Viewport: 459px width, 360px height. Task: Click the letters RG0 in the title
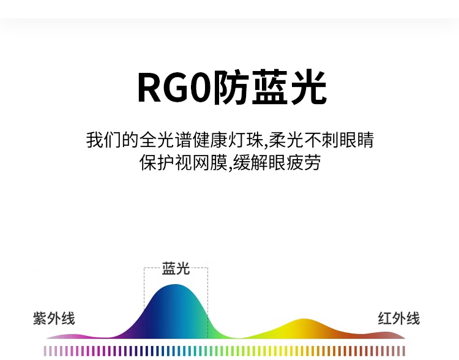click(x=175, y=87)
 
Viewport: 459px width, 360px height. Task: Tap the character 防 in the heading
click(x=231, y=87)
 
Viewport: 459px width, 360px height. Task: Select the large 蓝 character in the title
click(x=269, y=87)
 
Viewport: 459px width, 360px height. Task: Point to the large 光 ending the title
click(x=308, y=87)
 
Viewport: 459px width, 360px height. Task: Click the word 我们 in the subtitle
click(x=103, y=140)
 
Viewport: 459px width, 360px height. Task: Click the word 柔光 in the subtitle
click(x=286, y=140)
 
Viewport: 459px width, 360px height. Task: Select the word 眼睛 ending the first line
click(x=357, y=140)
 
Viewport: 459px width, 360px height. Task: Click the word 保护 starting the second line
click(x=157, y=163)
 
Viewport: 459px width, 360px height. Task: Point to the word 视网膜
click(x=201, y=163)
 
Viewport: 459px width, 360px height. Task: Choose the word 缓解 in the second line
click(x=250, y=163)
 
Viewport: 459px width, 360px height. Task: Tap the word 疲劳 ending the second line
click(x=304, y=163)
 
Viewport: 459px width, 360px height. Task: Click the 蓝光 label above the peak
click(x=176, y=268)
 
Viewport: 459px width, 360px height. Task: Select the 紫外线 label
click(x=54, y=318)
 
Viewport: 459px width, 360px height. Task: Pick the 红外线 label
click(x=398, y=318)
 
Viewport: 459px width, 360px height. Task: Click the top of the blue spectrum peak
click(x=175, y=285)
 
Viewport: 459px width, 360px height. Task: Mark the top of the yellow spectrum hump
click(x=304, y=319)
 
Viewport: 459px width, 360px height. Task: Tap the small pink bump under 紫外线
click(x=70, y=336)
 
